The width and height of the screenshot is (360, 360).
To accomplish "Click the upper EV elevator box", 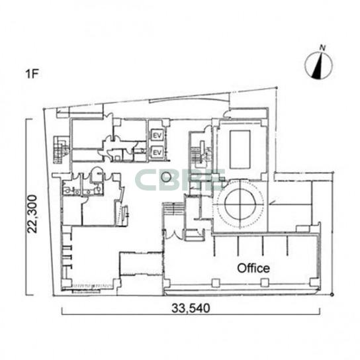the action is click(x=157, y=135).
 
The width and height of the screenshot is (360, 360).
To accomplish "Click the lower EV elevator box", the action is click(x=157, y=152).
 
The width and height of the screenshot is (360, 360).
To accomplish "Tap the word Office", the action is click(x=253, y=268).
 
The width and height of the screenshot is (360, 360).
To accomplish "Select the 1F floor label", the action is click(x=32, y=74).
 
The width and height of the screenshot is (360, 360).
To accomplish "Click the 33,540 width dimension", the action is click(x=191, y=308).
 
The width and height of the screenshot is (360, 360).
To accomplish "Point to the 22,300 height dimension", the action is click(x=32, y=214).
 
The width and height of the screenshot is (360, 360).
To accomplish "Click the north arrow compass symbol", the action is click(x=318, y=65).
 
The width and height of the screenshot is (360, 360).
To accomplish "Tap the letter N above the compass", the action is click(x=323, y=48).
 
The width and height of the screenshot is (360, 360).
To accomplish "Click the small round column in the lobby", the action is click(x=165, y=177).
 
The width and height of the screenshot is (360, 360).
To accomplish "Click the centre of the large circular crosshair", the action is click(x=240, y=204).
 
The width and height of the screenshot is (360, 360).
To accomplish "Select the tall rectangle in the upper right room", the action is click(x=240, y=150).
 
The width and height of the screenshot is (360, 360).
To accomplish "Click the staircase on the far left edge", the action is click(x=61, y=150).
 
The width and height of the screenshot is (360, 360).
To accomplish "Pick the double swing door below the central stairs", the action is click(x=172, y=234).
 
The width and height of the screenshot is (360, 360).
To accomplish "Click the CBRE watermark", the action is click(x=180, y=180).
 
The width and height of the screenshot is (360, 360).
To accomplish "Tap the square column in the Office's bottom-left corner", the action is click(x=167, y=283).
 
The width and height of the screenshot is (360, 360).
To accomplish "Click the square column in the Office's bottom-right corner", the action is click(x=313, y=282).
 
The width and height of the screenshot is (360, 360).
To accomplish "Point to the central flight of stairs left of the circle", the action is click(x=174, y=208).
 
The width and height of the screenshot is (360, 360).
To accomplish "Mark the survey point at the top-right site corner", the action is click(x=277, y=87).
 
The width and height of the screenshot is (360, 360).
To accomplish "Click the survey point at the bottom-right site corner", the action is click(x=332, y=294).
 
